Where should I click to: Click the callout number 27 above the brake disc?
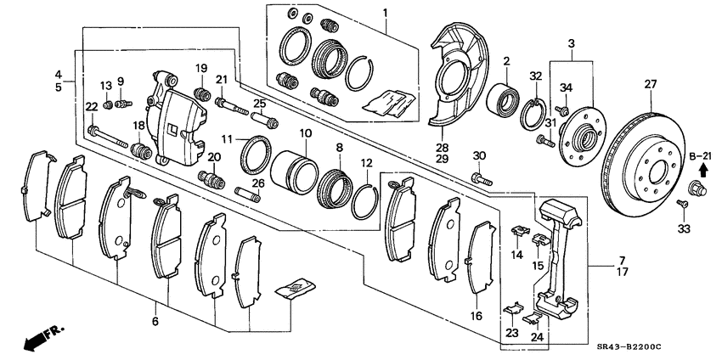(x=651, y=84)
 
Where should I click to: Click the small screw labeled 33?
(x=681, y=204)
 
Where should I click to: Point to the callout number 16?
(x=477, y=316)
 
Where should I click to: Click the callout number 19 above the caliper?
(x=201, y=68)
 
